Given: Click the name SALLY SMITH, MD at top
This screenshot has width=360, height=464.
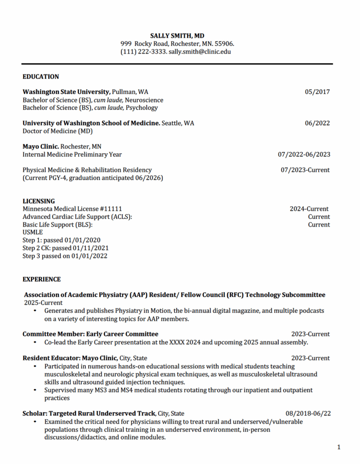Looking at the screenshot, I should click(x=177, y=35).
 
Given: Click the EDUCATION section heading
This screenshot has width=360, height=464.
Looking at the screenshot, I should click(x=41, y=77).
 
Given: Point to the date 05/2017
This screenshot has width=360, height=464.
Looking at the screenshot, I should click(x=317, y=92).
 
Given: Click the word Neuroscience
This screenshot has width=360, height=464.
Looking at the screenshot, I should click(x=144, y=100).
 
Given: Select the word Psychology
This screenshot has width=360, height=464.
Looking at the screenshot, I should click(x=142, y=108).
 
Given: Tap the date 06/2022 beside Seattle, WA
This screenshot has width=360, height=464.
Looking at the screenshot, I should click(x=317, y=123).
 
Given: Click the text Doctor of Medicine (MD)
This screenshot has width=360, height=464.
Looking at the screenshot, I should click(x=58, y=131).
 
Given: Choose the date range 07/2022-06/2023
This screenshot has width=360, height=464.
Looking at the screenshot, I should click(x=304, y=155).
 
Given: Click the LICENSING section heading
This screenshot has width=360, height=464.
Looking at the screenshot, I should click(x=39, y=201).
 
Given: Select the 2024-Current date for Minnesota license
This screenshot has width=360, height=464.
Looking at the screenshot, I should click(x=309, y=209).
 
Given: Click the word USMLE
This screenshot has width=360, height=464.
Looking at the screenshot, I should click(x=33, y=232).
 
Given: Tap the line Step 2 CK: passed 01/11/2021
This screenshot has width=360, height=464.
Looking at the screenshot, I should click(x=66, y=248).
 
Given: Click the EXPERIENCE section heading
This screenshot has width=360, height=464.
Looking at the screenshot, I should click(x=42, y=279).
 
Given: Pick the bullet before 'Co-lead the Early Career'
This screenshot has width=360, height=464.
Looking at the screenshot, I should click(x=35, y=343).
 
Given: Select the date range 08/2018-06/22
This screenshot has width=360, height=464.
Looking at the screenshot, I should click(x=308, y=413).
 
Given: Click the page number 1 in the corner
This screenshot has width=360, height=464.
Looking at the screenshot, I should click(x=339, y=448).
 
